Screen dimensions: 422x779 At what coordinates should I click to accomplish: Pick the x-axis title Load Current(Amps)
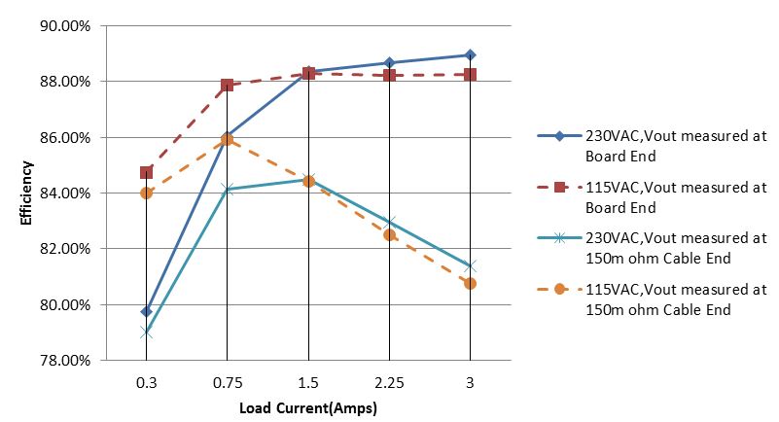[308, 407]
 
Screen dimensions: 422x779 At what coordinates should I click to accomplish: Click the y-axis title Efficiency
[26, 193]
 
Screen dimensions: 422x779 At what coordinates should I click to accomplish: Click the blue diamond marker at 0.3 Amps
[146, 311]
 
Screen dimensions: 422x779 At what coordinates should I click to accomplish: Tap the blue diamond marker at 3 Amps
[470, 54]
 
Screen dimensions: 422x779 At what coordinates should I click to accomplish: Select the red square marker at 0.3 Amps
[146, 172]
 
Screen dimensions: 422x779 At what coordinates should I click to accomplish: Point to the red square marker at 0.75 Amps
[227, 86]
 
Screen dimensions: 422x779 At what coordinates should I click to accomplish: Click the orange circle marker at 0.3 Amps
[146, 193]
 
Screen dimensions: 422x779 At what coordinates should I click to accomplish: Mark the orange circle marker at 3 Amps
[470, 283]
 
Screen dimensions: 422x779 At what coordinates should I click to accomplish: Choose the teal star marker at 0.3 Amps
[146, 333]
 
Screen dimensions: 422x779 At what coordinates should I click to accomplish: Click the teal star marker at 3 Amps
[470, 265]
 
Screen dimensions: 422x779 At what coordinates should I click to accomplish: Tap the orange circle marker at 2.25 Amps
[389, 234]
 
